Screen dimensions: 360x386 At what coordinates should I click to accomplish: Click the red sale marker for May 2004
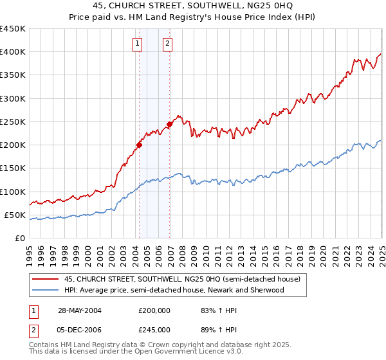139,145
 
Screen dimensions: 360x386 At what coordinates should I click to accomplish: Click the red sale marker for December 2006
170,124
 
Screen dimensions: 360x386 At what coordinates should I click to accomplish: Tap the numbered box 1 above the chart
138,44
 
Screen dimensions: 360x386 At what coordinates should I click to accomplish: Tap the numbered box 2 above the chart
167,44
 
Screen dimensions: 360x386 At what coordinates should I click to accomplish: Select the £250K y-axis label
14,122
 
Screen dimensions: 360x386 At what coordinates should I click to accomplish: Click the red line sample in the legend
45,279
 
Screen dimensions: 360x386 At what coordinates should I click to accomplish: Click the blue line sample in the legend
45,290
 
